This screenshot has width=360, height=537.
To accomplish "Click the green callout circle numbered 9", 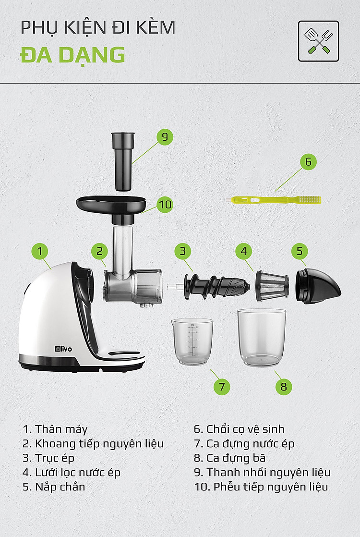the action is click(165, 137).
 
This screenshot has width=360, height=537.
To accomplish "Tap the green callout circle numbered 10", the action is click(165, 205).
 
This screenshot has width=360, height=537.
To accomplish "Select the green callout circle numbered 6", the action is click(308, 162).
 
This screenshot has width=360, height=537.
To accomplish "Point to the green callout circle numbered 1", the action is click(40, 251).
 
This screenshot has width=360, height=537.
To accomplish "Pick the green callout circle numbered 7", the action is click(222, 387).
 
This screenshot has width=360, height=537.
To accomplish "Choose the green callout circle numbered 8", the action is click(284, 387).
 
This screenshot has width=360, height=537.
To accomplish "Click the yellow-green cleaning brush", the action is click(276, 200).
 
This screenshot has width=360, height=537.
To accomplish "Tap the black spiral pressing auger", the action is click(216, 286).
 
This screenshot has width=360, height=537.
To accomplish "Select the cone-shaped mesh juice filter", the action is click(272, 286).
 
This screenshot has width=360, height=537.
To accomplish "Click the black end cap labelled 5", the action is click(318, 286).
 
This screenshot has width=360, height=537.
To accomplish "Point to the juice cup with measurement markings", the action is click(192, 342).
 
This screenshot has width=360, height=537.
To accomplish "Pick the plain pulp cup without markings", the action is click(262, 337).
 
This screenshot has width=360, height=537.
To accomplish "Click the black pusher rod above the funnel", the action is click(123, 161).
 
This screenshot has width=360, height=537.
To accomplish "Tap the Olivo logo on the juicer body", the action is click(64, 349).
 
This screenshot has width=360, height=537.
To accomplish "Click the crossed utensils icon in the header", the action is click(319, 41).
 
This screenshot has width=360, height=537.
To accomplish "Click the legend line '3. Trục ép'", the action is click(48, 458).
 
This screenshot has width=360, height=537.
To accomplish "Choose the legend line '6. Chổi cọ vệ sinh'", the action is click(239, 429).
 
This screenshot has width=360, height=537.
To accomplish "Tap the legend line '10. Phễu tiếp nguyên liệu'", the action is click(261, 487).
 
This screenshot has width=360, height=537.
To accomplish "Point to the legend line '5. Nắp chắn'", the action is click(54, 487).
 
